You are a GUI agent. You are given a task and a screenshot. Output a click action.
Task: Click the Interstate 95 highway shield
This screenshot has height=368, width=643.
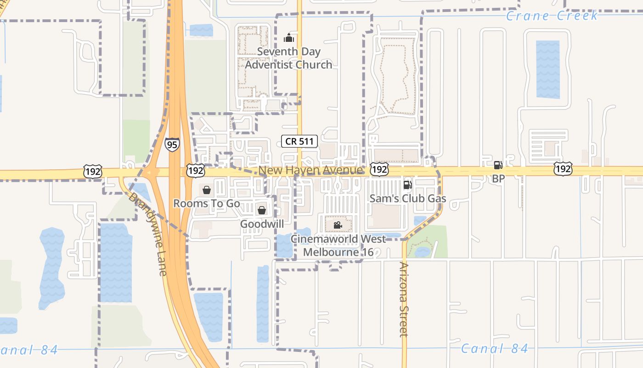click(172, 145)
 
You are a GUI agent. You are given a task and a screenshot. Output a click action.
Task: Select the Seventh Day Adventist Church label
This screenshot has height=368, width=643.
click(288, 58)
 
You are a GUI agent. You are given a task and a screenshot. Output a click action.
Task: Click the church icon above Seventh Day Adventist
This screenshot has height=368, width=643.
click(289, 38)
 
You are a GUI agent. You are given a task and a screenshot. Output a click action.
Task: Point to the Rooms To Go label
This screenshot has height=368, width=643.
click(207, 203)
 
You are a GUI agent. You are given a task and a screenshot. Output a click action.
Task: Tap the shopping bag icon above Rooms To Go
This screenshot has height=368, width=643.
click(207, 190)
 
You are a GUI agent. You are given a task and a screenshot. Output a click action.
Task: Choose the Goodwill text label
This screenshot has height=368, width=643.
click(262, 224)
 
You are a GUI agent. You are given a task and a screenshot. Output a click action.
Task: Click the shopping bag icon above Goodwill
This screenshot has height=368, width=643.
click(262, 210)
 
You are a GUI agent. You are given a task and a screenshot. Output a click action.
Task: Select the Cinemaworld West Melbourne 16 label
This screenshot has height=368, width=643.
click(338, 246)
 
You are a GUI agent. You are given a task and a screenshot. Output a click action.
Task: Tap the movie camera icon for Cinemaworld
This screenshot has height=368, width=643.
click(338, 225)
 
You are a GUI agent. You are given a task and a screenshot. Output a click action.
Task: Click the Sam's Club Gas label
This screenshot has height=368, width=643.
click(408, 199)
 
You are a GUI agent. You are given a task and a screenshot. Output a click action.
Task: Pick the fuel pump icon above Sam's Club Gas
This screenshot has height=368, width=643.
click(407, 185)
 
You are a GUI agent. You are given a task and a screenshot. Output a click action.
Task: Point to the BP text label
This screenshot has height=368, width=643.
click(498, 178)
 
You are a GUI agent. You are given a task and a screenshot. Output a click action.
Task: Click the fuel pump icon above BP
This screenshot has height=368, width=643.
click(498, 165)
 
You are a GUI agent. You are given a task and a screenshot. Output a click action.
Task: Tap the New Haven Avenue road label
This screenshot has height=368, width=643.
click(310, 170)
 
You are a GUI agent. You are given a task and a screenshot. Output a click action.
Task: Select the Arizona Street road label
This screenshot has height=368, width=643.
click(404, 299)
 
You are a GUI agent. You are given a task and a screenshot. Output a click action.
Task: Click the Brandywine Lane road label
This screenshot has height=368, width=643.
click(147, 234)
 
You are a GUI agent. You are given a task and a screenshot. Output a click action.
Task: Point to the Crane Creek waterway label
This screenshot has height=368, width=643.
click(552, 16)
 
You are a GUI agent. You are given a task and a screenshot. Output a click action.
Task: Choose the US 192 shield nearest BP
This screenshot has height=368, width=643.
click(563, 169)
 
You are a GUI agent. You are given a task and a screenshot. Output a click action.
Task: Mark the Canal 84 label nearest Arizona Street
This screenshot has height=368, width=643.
click(494, 349)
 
